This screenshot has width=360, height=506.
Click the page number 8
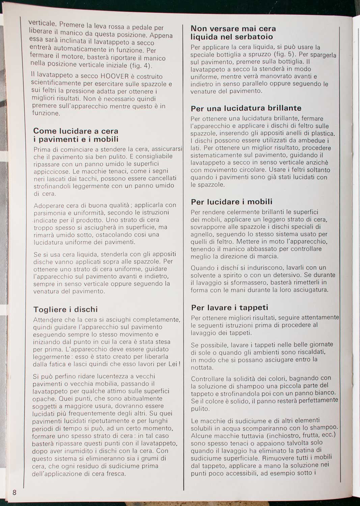pyautogui.click(x=15, y=492)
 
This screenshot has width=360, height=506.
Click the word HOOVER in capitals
pyautogui.click(x=115, y=77)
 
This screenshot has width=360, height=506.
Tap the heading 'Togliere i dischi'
pyautogui.click(x=65, y=309)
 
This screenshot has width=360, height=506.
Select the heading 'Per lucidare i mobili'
pyautogui.click(x=231, y=202)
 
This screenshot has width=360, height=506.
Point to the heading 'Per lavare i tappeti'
pyautogui.click(x=229, y=307)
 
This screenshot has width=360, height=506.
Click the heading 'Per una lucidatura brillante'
pyautogui.click(x=246, y=108)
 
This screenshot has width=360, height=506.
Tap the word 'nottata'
pyautogui.click(x=202, y=367)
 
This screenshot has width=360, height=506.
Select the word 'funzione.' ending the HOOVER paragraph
pyautogui.click(x=46, y=113)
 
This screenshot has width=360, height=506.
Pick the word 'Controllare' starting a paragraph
pyautogui.click(x=207, y=378)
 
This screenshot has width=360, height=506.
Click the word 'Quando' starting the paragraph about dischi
pyautogui.click(x=202, y=268)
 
